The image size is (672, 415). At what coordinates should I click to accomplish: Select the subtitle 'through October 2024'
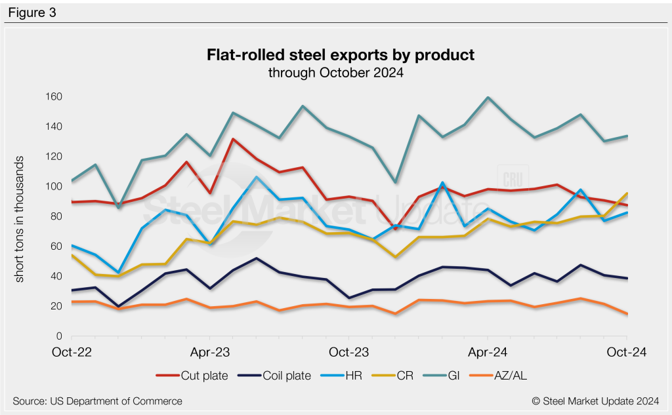(335, 73)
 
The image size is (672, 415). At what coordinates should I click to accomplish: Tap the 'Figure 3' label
(32, 12)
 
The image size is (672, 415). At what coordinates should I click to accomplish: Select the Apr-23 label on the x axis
(209, 352)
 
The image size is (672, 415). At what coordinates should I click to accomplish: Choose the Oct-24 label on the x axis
(627, 352)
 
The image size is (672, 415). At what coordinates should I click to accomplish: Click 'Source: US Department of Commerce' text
(97, 401)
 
